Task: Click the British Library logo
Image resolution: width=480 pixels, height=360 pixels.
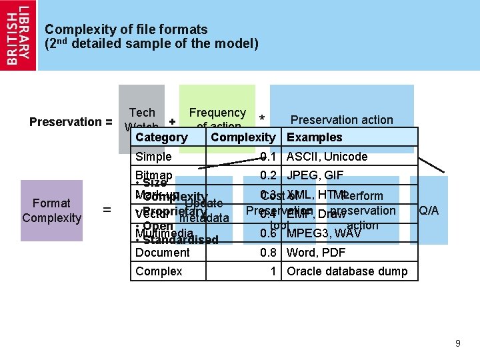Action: click(x=18, y=35)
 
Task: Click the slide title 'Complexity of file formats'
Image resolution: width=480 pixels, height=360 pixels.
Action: click(x=126, y=29)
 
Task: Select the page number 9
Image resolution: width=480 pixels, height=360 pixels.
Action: click(x=457, y=343)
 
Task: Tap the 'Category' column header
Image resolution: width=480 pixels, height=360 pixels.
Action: click(x=161, y=137)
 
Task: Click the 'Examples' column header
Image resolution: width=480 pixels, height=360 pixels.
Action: click(x=314, y=137)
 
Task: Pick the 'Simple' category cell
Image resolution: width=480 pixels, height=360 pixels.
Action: click(x=153, y=157)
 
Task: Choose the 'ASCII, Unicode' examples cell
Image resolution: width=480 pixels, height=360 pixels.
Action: click(x=327, y=157)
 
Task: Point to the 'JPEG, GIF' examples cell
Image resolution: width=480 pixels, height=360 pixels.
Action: click(x=315, y=175)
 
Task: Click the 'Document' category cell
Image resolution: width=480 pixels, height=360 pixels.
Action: click(x=162, y=253)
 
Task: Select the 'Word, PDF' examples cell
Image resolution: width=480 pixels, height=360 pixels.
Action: click(x=316, y=253)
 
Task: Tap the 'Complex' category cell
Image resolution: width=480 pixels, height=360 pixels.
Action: click(x=159, y=271)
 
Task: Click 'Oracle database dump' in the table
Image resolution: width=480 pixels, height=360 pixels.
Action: click(x=347, y=271)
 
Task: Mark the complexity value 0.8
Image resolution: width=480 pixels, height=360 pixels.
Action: click(x=269, y=253)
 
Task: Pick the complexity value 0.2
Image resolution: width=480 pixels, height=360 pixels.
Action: click(x=269, y=175)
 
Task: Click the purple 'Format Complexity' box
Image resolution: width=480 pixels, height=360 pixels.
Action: click(x=51, y=211)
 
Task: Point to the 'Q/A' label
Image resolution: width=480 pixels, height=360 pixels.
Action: click(x=428, y=211)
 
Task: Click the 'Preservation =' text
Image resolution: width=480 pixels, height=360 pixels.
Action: click(x=71, y=122)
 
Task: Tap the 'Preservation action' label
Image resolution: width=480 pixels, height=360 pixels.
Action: click(x=342, y=120)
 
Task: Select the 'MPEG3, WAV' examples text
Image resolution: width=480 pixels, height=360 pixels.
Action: click(x=323, y=233)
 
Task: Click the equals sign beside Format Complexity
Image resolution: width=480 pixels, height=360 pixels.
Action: click(x=107, y=211)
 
